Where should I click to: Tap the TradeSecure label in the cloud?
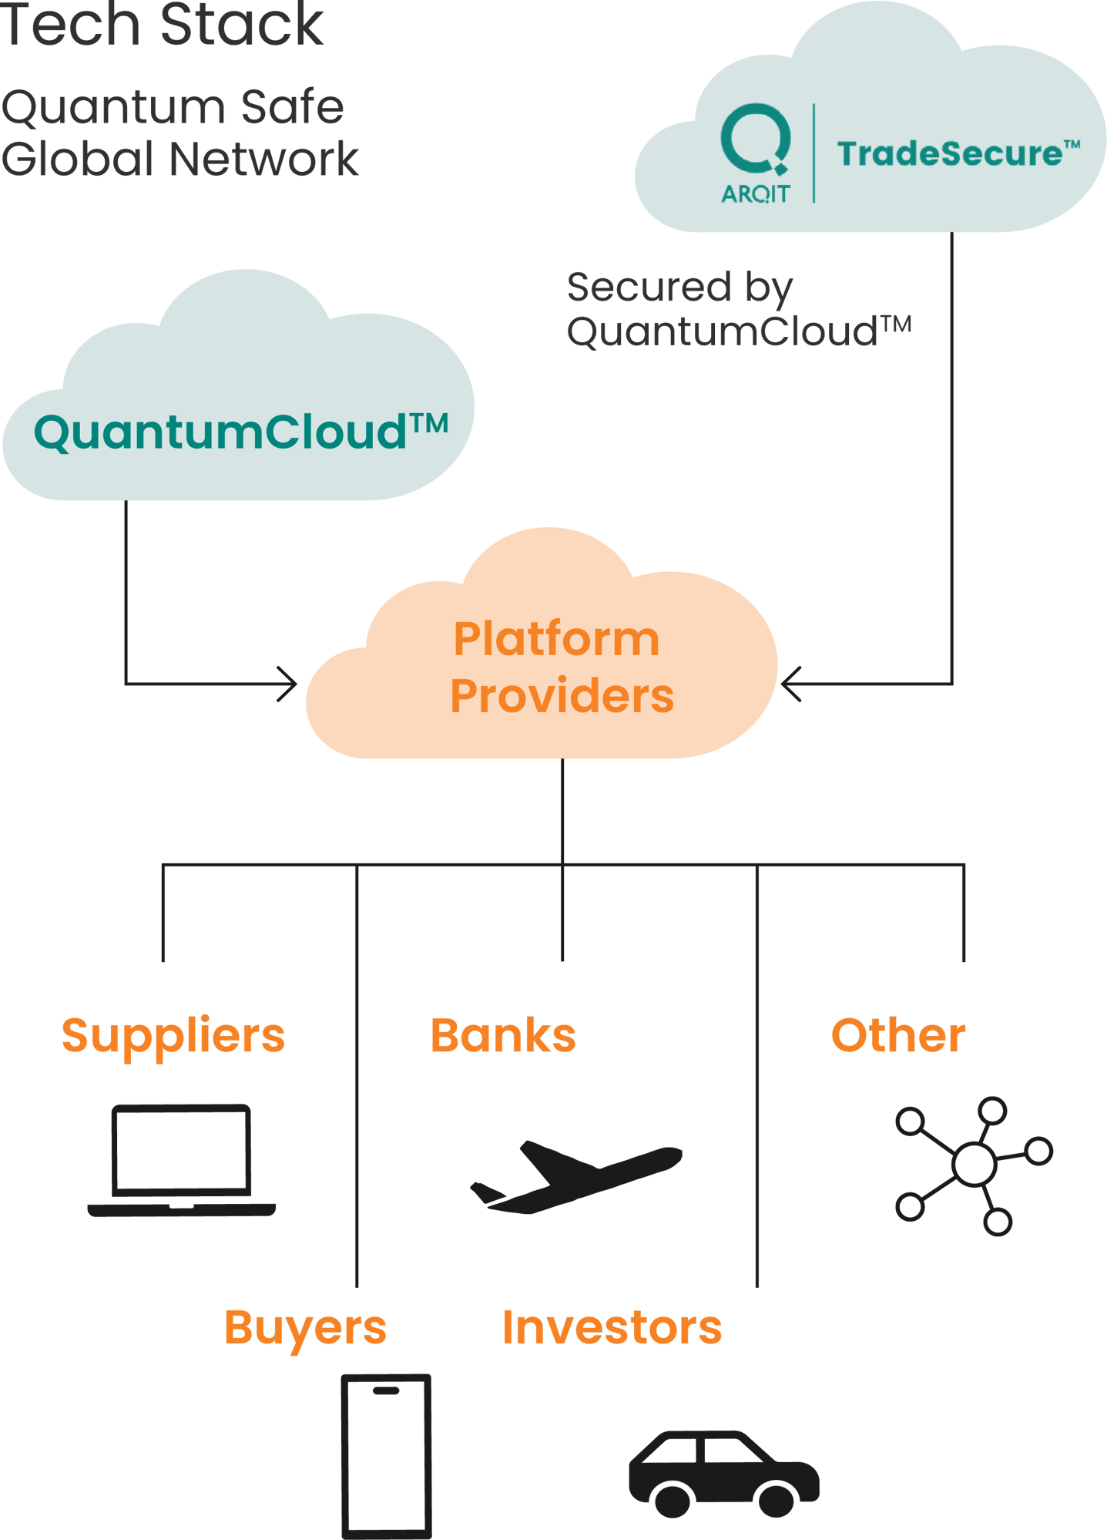[958, 153]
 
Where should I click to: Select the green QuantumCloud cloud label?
[241, 432]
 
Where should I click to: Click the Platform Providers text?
[562, 667]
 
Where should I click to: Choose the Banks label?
[503, 1035]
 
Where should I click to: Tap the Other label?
[898, 1035]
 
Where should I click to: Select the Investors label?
[612, 1327]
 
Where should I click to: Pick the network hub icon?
[974, 1165]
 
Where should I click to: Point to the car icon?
[724, 1474]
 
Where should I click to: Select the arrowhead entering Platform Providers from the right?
[791, 684]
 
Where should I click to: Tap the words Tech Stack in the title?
[161, 25]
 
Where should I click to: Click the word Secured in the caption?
[649, 287]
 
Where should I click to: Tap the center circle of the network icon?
[974, 1165]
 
